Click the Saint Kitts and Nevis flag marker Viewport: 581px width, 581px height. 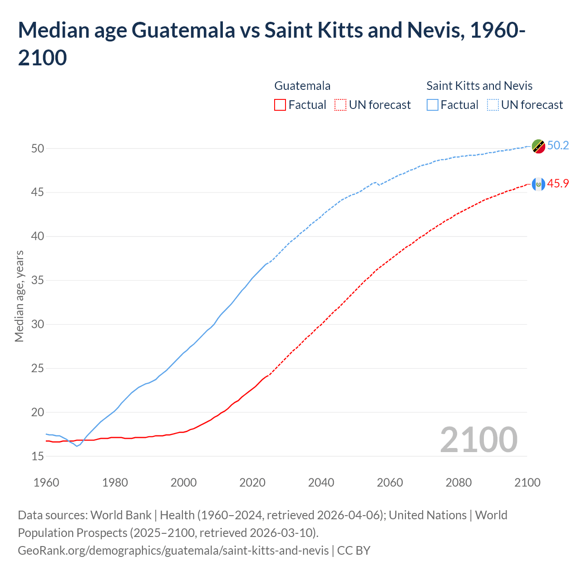click(538, 146)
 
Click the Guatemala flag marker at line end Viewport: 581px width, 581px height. click(538, 184)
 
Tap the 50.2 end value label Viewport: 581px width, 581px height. click(558, 145)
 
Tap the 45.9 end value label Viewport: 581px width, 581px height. click(558, 183)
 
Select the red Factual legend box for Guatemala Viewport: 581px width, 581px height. click(280, 105)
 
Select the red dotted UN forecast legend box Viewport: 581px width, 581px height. click(340, 105)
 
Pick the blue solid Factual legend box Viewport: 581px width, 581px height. click(433, 105)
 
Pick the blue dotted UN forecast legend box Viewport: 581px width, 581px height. click(493, 105)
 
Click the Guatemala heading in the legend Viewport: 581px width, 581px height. click(302, 86)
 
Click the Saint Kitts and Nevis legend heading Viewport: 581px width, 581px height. click(479, 86)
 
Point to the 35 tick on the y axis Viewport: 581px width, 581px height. click(38, 280)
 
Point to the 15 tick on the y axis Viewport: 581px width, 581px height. click(38, 456)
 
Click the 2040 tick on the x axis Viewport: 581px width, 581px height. click(321, 483)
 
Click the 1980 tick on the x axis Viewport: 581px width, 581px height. click(115, 483)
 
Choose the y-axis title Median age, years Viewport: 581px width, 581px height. click(19, 296)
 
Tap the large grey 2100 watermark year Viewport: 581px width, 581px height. click(478, 439)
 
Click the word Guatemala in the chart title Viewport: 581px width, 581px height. click(183, 30)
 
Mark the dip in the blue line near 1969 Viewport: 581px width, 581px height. click(77, 446)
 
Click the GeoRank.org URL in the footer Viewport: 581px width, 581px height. click(173, 551)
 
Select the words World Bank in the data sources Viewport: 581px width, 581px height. click(121, 515)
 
